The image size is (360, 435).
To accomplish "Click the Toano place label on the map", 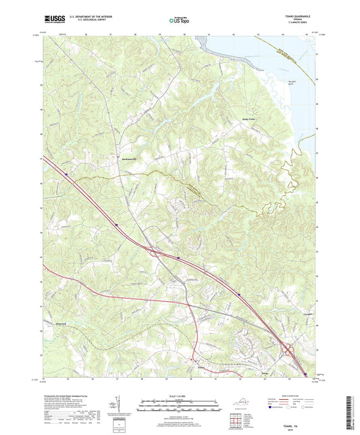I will (201, 368).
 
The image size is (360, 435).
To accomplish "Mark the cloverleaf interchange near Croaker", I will (289, 351).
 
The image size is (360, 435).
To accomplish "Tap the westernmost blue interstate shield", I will (67, 173).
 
